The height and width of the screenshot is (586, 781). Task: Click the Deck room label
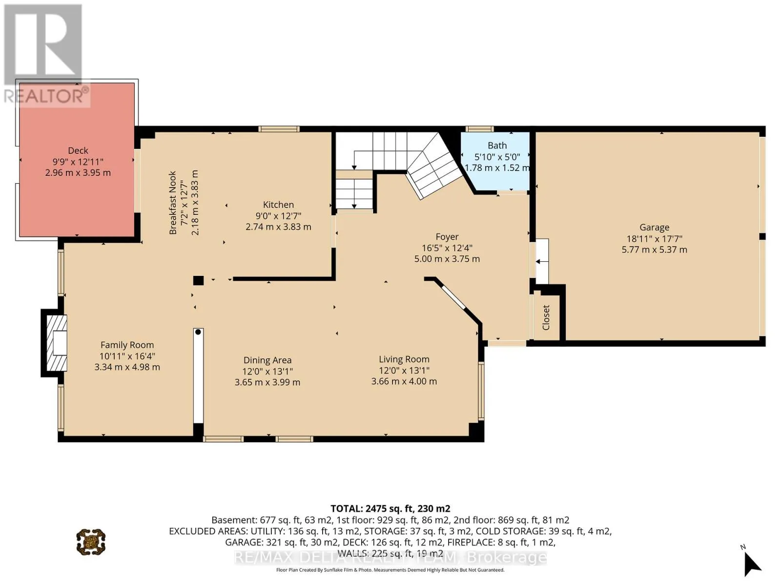[78, 150]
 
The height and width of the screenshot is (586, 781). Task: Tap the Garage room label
[654, 227]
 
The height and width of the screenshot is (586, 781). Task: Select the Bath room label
[497, 145]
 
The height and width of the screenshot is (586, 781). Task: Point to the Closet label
[546, 317]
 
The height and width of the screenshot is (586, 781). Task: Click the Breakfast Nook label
[173, 203]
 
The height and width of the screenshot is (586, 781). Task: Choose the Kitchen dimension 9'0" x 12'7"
[278, 216]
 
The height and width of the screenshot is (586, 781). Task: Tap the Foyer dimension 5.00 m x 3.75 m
[447, 259]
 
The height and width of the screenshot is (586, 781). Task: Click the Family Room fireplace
[55, 343]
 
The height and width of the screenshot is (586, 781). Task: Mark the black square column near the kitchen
[198, 280]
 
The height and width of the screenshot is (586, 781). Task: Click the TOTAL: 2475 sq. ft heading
[390, 508]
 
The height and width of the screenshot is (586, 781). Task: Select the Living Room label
[404, 359]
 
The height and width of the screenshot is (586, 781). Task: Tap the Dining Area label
[267, 360]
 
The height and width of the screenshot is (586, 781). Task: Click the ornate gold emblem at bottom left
[91, 542]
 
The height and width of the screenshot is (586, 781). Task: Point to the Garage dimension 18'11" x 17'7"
[654, 238]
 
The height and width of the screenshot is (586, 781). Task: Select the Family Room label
[127, 345]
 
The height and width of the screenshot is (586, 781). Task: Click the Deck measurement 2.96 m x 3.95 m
[78, 172]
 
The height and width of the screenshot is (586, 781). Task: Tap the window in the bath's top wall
[480, 129]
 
